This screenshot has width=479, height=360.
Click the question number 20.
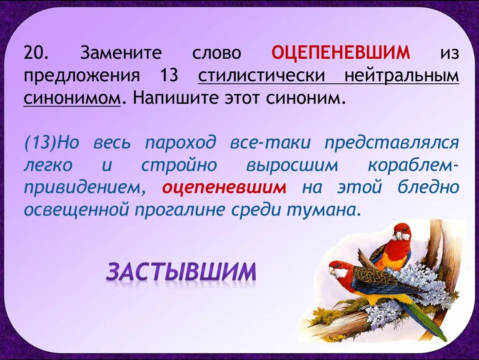click(37, 53)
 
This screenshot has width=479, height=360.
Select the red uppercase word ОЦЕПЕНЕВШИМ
click(341, 53)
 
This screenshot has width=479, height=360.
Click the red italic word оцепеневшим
click(224, 187)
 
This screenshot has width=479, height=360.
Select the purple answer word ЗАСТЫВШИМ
click(181, 272)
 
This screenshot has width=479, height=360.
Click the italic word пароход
click(181, 143)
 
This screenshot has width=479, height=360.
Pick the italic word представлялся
click(392, 143)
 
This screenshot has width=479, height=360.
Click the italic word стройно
click(179, 165)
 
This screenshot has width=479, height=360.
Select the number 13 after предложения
click(168, 77)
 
